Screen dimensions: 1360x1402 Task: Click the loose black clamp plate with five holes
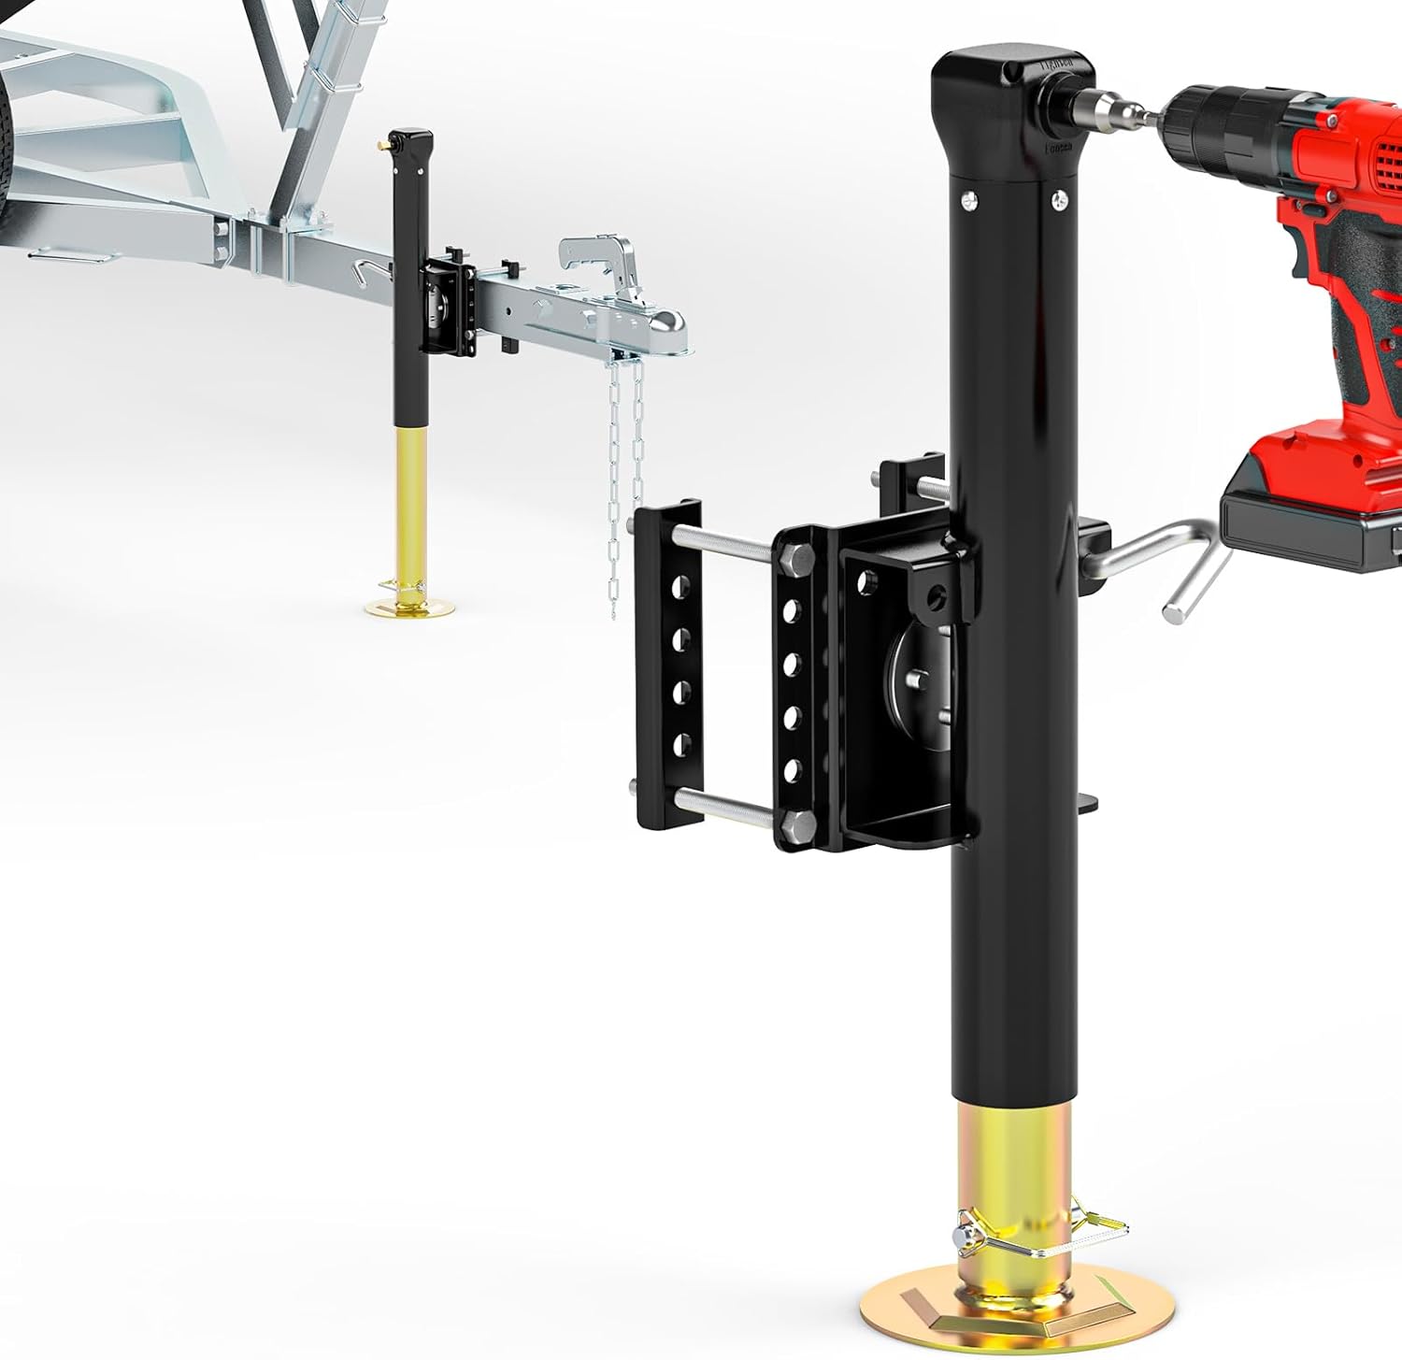[x=667, y=664]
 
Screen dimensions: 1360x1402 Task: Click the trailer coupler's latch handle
[x=598, y=257]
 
